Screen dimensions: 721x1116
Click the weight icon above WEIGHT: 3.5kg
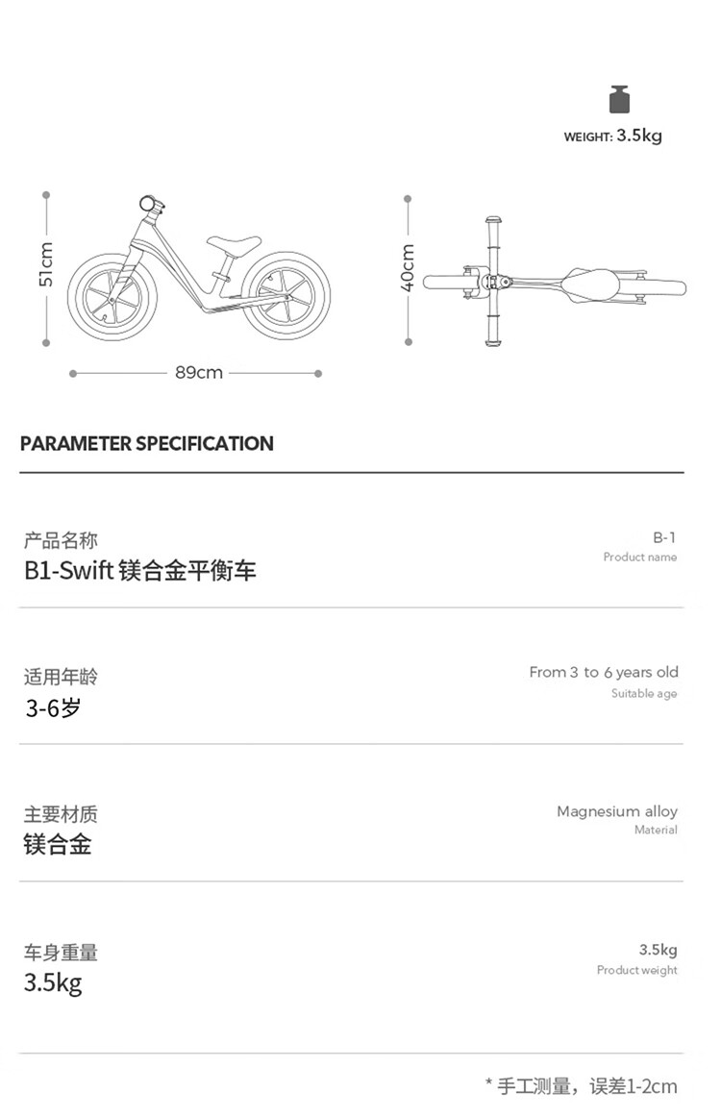[x=620, y=100]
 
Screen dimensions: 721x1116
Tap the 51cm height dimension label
[x=45, y=264]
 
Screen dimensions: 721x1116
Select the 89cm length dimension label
[x=199, y=372]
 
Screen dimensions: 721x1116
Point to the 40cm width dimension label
[x=407, y=267]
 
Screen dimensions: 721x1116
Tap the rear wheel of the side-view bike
[x=286, y=295]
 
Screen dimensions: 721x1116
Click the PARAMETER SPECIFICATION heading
[x=147, y=443]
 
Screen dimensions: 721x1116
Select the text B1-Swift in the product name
[x=69, y=570]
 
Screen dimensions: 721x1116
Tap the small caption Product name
[x=640, y=557]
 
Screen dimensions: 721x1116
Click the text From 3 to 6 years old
[x=604, y=672]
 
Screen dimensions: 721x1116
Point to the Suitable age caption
[x=644, y=693]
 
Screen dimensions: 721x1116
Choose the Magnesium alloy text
[x=617, y=811]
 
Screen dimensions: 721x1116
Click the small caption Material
[x=656, y=830]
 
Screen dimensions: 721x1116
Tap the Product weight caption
[x=637, y=970]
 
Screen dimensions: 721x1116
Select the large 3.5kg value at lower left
[x=54, y=983]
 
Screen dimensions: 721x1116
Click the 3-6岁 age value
[x=54, y=707]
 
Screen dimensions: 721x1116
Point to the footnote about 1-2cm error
[x=582, y=1086]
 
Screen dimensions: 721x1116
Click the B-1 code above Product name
[x=664, y=537]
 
